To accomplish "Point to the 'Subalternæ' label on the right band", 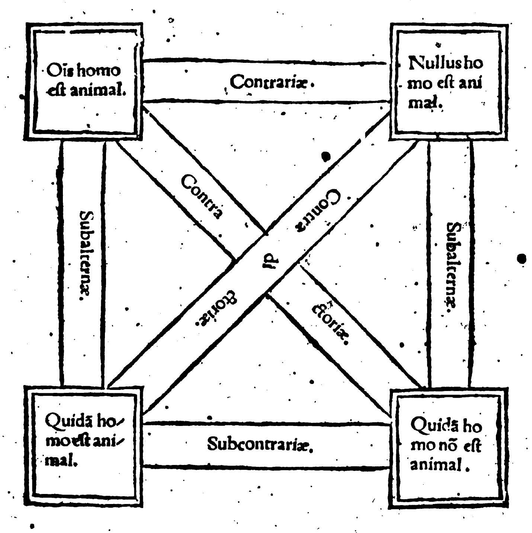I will point(452,265).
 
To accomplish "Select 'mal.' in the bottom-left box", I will point(61,462).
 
